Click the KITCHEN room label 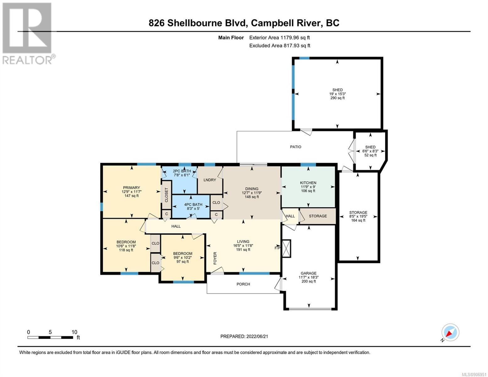[x=308, y=183]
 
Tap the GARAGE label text [x=309, y=273]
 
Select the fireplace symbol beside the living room [x=286, y=248]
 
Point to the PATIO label [x=296, y=147]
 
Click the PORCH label [x=243, y=284]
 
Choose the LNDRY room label [x=210, y=180]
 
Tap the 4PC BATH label [x=193, y=205]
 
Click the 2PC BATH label [x=182, y=171]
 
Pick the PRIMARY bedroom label [x=131, y=188]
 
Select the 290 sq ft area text [x=337, y=98]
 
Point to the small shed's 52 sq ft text [x=370, y=155]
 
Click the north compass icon [x=450, y=332]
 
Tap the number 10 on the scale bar [x=74, y=332]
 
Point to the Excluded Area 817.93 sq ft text [x=280, y=46]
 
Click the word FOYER [x=215, y=258]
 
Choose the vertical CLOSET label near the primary [x=167, y=195]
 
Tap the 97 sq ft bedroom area [x=183, y=262]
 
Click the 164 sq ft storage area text [x=358, y=221]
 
